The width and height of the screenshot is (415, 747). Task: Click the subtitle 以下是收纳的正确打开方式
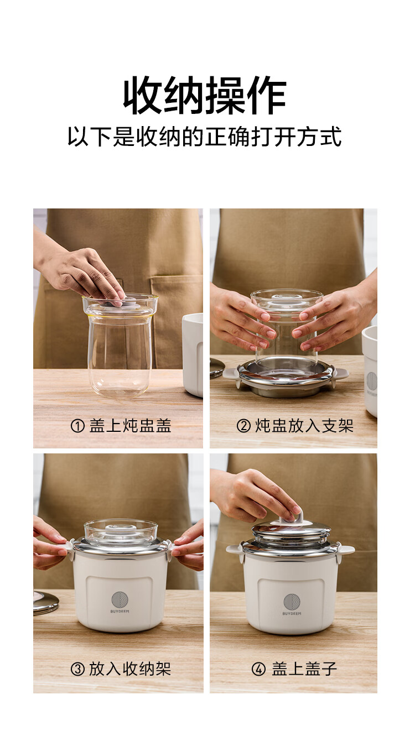click(205, 137)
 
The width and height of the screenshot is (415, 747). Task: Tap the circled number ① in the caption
click(77, 426)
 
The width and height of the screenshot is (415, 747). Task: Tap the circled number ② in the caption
click(243, 426)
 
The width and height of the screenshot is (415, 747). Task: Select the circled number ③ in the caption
click(77, 669)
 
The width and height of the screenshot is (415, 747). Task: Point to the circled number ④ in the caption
click(258, 669)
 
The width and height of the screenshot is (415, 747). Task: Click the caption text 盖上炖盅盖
click(130, 426)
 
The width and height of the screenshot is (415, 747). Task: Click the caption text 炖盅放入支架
click(304, 426)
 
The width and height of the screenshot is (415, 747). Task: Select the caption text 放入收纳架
click(130, 669)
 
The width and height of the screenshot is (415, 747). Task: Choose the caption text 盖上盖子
click(304, 669)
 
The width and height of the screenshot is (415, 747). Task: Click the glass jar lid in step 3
click(121, 530)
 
